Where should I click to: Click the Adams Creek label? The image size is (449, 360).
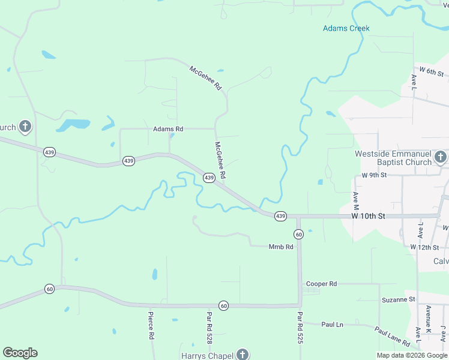click(346, 28)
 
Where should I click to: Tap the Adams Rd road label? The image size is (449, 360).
click(168, 129)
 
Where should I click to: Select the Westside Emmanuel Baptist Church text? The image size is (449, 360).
click(393, 158)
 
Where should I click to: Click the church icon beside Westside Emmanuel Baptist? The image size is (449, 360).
click(441, 157)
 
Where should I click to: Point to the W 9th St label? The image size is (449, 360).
click(374, 175)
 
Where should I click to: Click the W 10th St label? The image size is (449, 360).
click(367, 216)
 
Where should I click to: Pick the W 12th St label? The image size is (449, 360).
click(425, 247)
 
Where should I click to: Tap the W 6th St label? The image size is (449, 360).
click(431, 71)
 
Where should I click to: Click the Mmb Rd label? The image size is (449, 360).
click(281, 247)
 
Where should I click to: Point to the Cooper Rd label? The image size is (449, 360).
click(322, 284)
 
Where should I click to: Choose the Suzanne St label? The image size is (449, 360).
click(398, 299)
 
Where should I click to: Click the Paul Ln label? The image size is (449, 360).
click(332, 325)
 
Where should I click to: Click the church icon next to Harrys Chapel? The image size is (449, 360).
click(243, 355)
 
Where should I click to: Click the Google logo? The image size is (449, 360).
click(20, 353)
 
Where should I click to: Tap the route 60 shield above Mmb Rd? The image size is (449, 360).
click(298, 233)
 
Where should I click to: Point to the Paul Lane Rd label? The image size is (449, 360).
click(392, 337)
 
